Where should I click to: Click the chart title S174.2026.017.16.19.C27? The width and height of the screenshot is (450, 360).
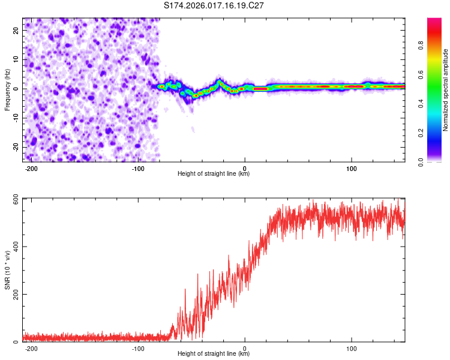click(x=214, y=5)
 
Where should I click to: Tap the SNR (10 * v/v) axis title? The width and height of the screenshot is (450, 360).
click(x=7, y=270)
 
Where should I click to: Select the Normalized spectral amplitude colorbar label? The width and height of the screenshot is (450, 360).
click(x=446, y=90)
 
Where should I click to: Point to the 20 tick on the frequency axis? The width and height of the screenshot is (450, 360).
click(x=17, y=30)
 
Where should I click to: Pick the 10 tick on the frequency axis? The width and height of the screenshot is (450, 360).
click(x=17, y=59)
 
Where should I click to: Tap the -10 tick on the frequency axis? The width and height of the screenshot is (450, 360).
click(x=16, y=118)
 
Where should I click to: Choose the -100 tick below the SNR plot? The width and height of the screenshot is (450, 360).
click(x=138, y=349)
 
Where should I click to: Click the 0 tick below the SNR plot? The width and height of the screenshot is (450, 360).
click(x=245, y=349)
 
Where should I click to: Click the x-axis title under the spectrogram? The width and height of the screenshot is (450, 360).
click(x=214, y=175)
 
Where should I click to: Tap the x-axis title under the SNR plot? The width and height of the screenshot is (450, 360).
click(x=214, y=355)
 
